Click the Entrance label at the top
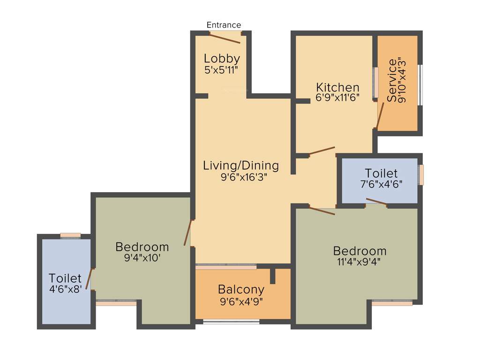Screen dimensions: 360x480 tap(224, 25)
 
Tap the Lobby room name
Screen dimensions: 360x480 tap(222, 59)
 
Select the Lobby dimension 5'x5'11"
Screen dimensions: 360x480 tap(222, 70)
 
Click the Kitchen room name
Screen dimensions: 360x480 tap(337, 88)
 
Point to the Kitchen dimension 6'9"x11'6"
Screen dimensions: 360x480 tap(337, 99)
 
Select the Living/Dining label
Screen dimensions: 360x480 tap(240, 165)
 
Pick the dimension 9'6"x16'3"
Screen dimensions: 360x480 tap(240, 177)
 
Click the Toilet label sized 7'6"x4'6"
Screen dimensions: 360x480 tap(381, 173)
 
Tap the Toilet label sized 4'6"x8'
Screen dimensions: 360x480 tap(65, 278)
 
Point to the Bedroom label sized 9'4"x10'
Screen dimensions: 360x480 tap(142, 247)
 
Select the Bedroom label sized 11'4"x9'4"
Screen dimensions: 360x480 tap(360, 251)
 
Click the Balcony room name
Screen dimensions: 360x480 tap(241, 290)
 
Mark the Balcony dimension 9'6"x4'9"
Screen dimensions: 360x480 tap(241, 301)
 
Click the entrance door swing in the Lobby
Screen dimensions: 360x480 tap(225, 38)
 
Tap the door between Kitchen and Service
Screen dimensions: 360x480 tap(380, 116)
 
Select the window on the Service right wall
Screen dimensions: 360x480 tap(420, 84)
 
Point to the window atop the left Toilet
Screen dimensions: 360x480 tap(70, 235)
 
